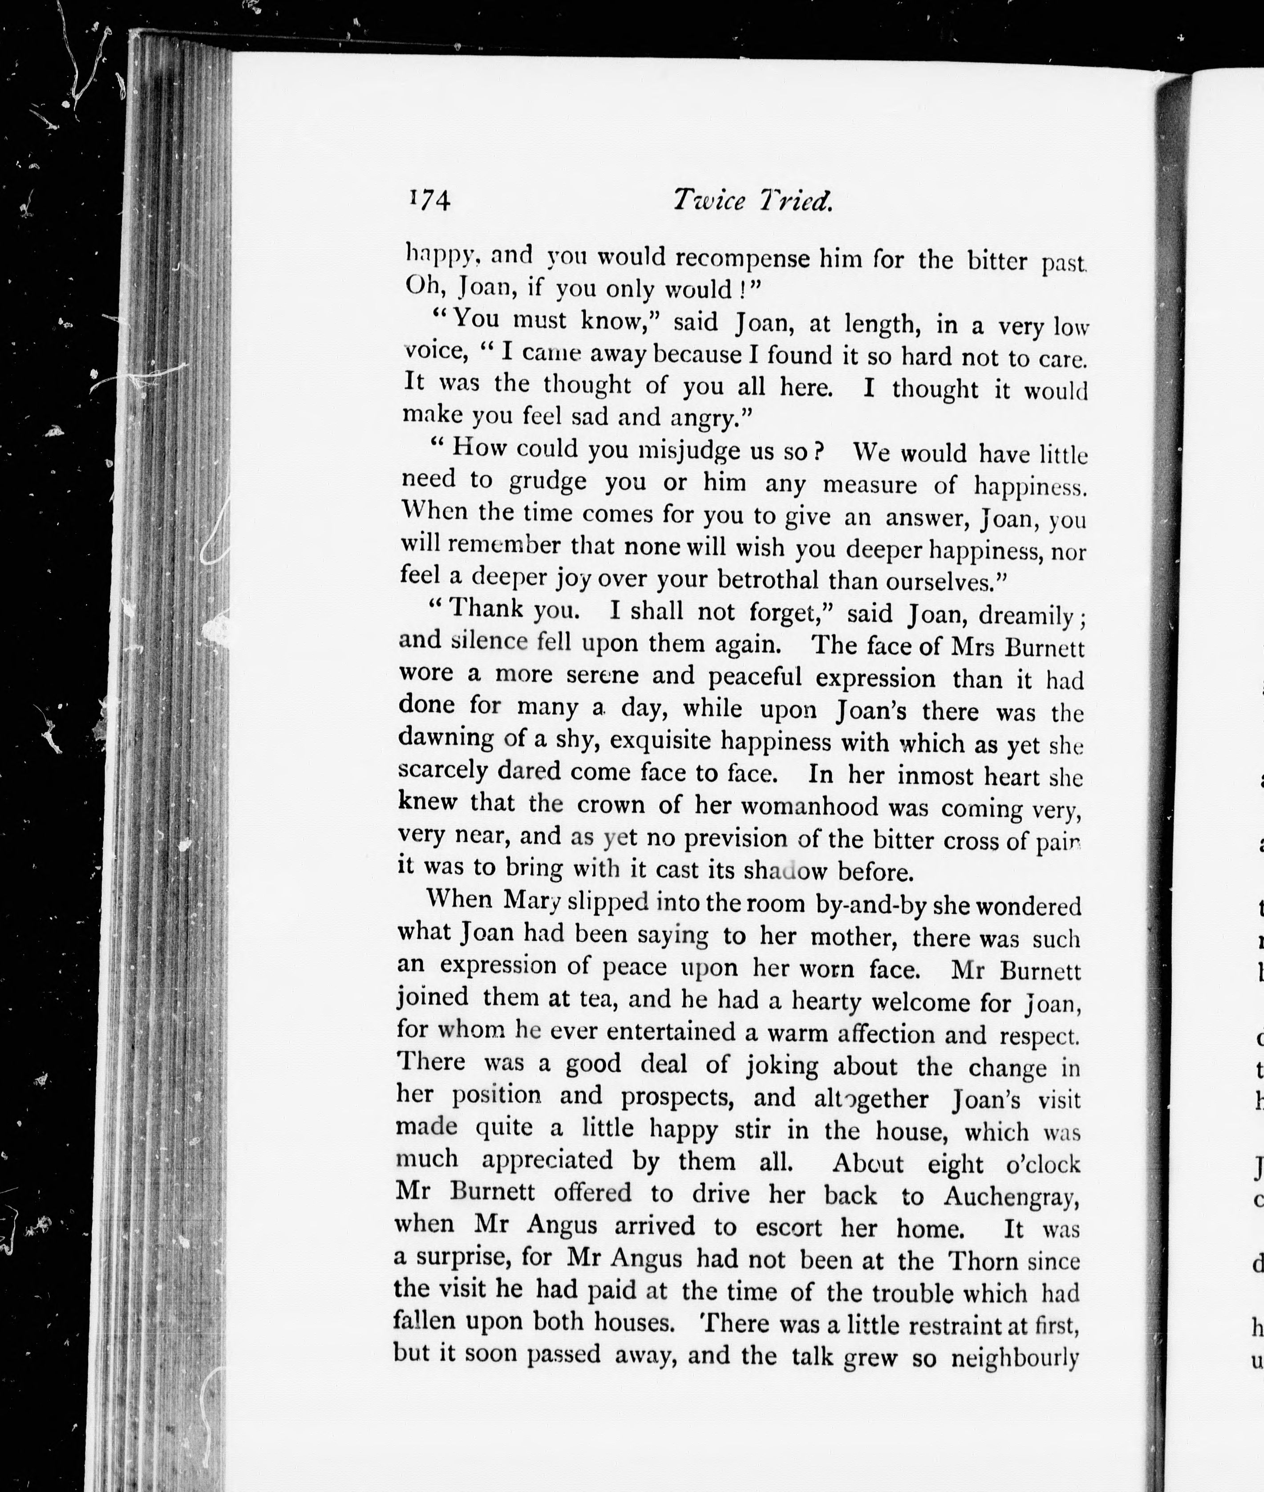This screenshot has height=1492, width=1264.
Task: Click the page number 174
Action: (429, 200)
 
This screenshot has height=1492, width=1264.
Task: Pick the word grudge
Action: (548, 481)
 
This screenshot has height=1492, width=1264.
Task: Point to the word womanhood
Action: (809, 806)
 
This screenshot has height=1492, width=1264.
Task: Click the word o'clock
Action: (1043, 1164)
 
